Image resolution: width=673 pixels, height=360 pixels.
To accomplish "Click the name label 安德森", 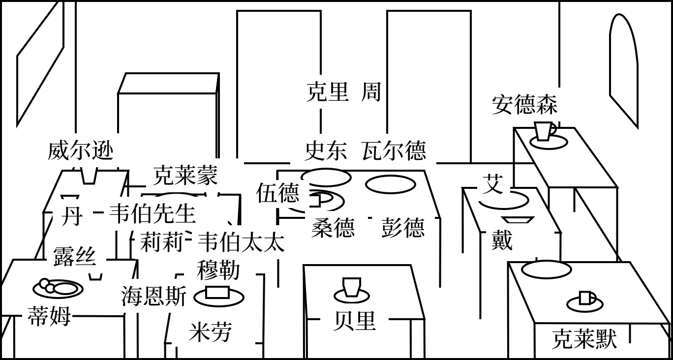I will click(x=524, y=105).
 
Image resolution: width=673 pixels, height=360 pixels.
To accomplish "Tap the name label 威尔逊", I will click(x=81, y=150).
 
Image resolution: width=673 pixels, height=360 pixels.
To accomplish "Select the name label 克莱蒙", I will click(x=185, y=175).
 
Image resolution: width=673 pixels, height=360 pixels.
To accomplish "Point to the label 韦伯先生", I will click(x=152, y=214).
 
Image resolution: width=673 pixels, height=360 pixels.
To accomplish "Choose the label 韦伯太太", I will click(x=241, y=242).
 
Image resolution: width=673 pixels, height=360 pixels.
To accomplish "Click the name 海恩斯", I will click(x=153, y=297).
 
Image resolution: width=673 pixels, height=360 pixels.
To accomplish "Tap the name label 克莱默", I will click(x=584, y=339).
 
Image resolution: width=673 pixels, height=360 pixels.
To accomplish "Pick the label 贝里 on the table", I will click(x=354, y=321).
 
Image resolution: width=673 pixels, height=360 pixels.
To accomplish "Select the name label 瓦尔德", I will click(x=394, y=150).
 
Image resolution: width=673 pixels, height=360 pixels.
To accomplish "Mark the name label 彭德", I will click(x=402, y=228).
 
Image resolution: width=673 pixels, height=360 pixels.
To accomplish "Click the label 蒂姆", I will click(x=49, y=316).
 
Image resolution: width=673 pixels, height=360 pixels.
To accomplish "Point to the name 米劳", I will click(x=210, y=332).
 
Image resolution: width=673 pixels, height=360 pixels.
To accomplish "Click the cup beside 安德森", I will click(x=544, y=131).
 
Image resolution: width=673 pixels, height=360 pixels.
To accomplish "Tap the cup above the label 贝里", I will click(x=352, y=287).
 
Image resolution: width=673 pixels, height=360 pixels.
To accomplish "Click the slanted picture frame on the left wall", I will click(x=40, y=64).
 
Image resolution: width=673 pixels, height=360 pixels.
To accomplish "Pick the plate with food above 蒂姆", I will click(x=58, y=288).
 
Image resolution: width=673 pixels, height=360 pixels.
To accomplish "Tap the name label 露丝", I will click(x=74, y=256).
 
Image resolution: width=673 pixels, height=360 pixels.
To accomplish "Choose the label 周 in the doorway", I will click(x=371, y=92).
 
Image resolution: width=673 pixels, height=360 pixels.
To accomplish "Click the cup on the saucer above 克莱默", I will click(x=586, y=298).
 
